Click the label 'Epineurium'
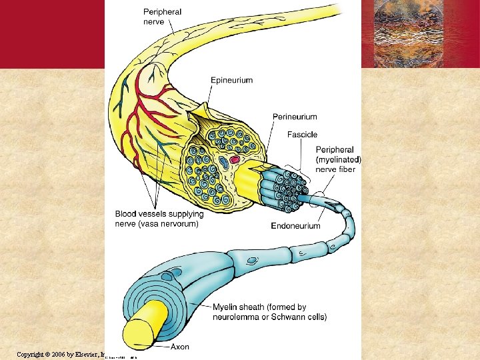click(231, 81)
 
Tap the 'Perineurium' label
click(295, 117)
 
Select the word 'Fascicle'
click(302, 135)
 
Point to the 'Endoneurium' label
click(295, 226)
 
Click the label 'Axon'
click(180, 347)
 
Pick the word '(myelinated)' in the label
click(339, 160)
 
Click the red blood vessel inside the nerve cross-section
click(235, 160)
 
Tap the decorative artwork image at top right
click(419, 33)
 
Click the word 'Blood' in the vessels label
click(125, 214)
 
